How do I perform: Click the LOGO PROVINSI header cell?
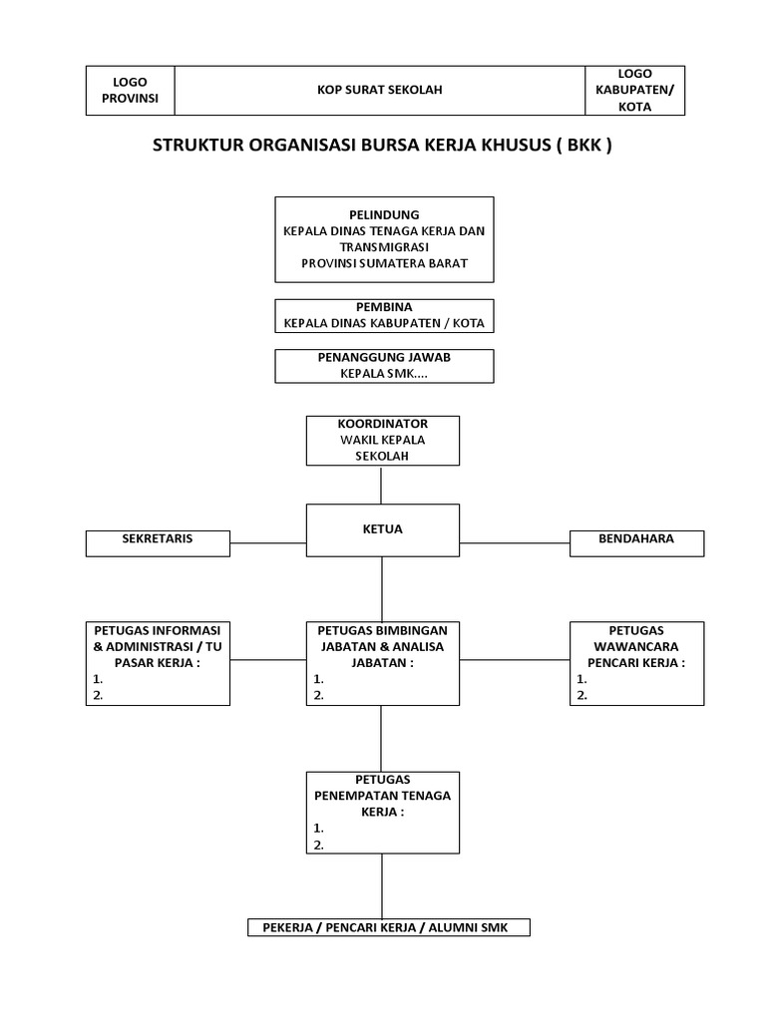click(x=130, y=91)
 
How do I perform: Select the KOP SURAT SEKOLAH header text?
click(x=379, y=91)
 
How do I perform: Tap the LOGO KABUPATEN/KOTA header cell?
click(x=634, y=91)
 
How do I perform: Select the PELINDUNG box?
click(x=384, y=239)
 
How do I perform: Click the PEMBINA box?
click(x=384, y=316)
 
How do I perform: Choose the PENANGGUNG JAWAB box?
click(x=384, y=366)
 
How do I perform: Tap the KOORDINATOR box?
click(x=383, y=441)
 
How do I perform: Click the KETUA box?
click(x=383, y=529)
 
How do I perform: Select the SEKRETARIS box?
click(x=158, y=542)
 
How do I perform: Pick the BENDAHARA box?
click(x=636, y=542)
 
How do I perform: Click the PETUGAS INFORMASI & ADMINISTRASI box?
click(x=158, y=663)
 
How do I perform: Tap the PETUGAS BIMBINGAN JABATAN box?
click(x=383, y=663)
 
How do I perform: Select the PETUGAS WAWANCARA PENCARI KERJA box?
click(x=636, y=663)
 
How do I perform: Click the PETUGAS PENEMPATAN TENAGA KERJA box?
click(x=383, y=813)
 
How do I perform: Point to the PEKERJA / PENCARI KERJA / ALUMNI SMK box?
click(x=389, y=928)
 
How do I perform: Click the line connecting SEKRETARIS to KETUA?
click(x=267, y=543)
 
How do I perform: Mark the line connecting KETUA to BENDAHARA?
click(x=515, y=543)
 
